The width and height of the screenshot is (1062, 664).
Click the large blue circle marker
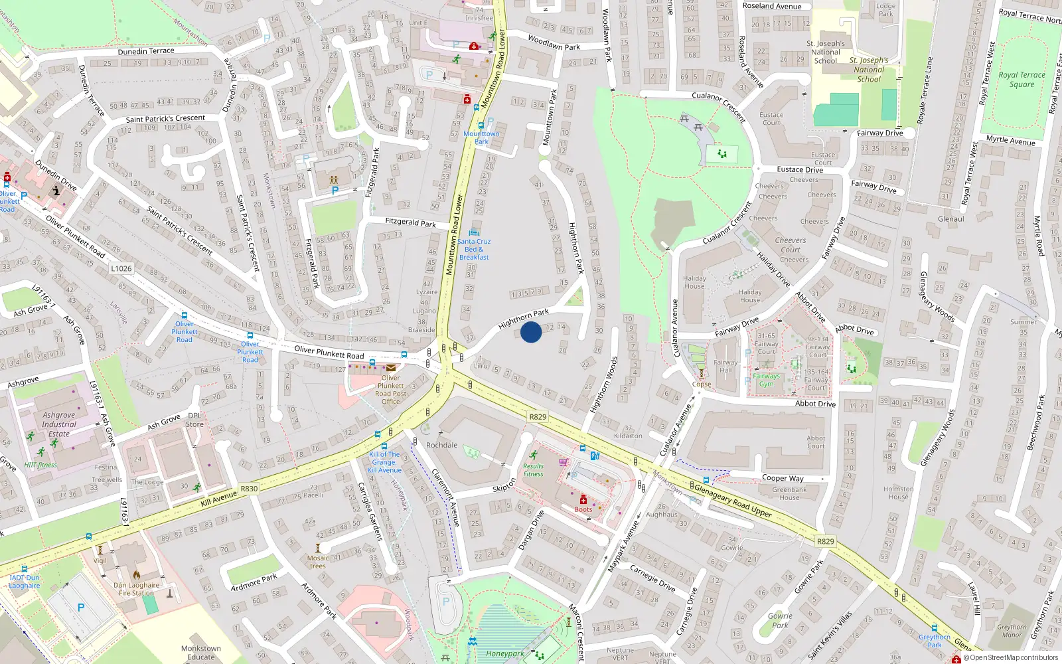pyautogui.click(x=531, y=331)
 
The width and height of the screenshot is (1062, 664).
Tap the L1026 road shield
pyautogui.click(x=121, y=268)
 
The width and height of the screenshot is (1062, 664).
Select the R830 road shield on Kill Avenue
pyautogui.click(x=249, y=489)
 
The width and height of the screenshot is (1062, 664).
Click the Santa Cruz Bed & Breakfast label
pyautogui.click(x=474, y=249)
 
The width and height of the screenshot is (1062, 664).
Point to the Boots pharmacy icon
pyautogui.click(x=583, y=499)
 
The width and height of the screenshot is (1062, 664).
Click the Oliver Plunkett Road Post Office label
pyautogui.click(x=391, y=390)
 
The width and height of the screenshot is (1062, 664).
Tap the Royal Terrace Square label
pyautogui.click(x=1022, y=80)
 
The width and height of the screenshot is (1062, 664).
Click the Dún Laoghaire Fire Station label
pyautogui.click(x=137, y=589)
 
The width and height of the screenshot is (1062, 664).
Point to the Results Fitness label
pyautogui.click(x=533, y=470)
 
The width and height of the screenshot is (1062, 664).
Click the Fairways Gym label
pyautogui.click(x=767, y=380)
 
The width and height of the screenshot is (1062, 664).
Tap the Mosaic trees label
pyautogui.click(x=318, y=562)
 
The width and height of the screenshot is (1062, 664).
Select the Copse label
pyautogui.click(x=702, y=384)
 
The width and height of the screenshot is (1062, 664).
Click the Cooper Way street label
pyautogui.click(x=783, y=478)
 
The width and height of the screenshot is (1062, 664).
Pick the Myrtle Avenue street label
pyautogui.click(x=1010, y=140)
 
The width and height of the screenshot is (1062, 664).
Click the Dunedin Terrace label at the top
pyautogui.click(x=146, y=51)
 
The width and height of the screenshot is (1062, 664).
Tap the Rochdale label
pyautogui.click(x=442, y=445)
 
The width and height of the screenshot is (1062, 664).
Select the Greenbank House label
pyautogui.click(x=789, y=493)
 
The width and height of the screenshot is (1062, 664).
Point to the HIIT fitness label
pyautogui.click(x=40, y=465)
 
